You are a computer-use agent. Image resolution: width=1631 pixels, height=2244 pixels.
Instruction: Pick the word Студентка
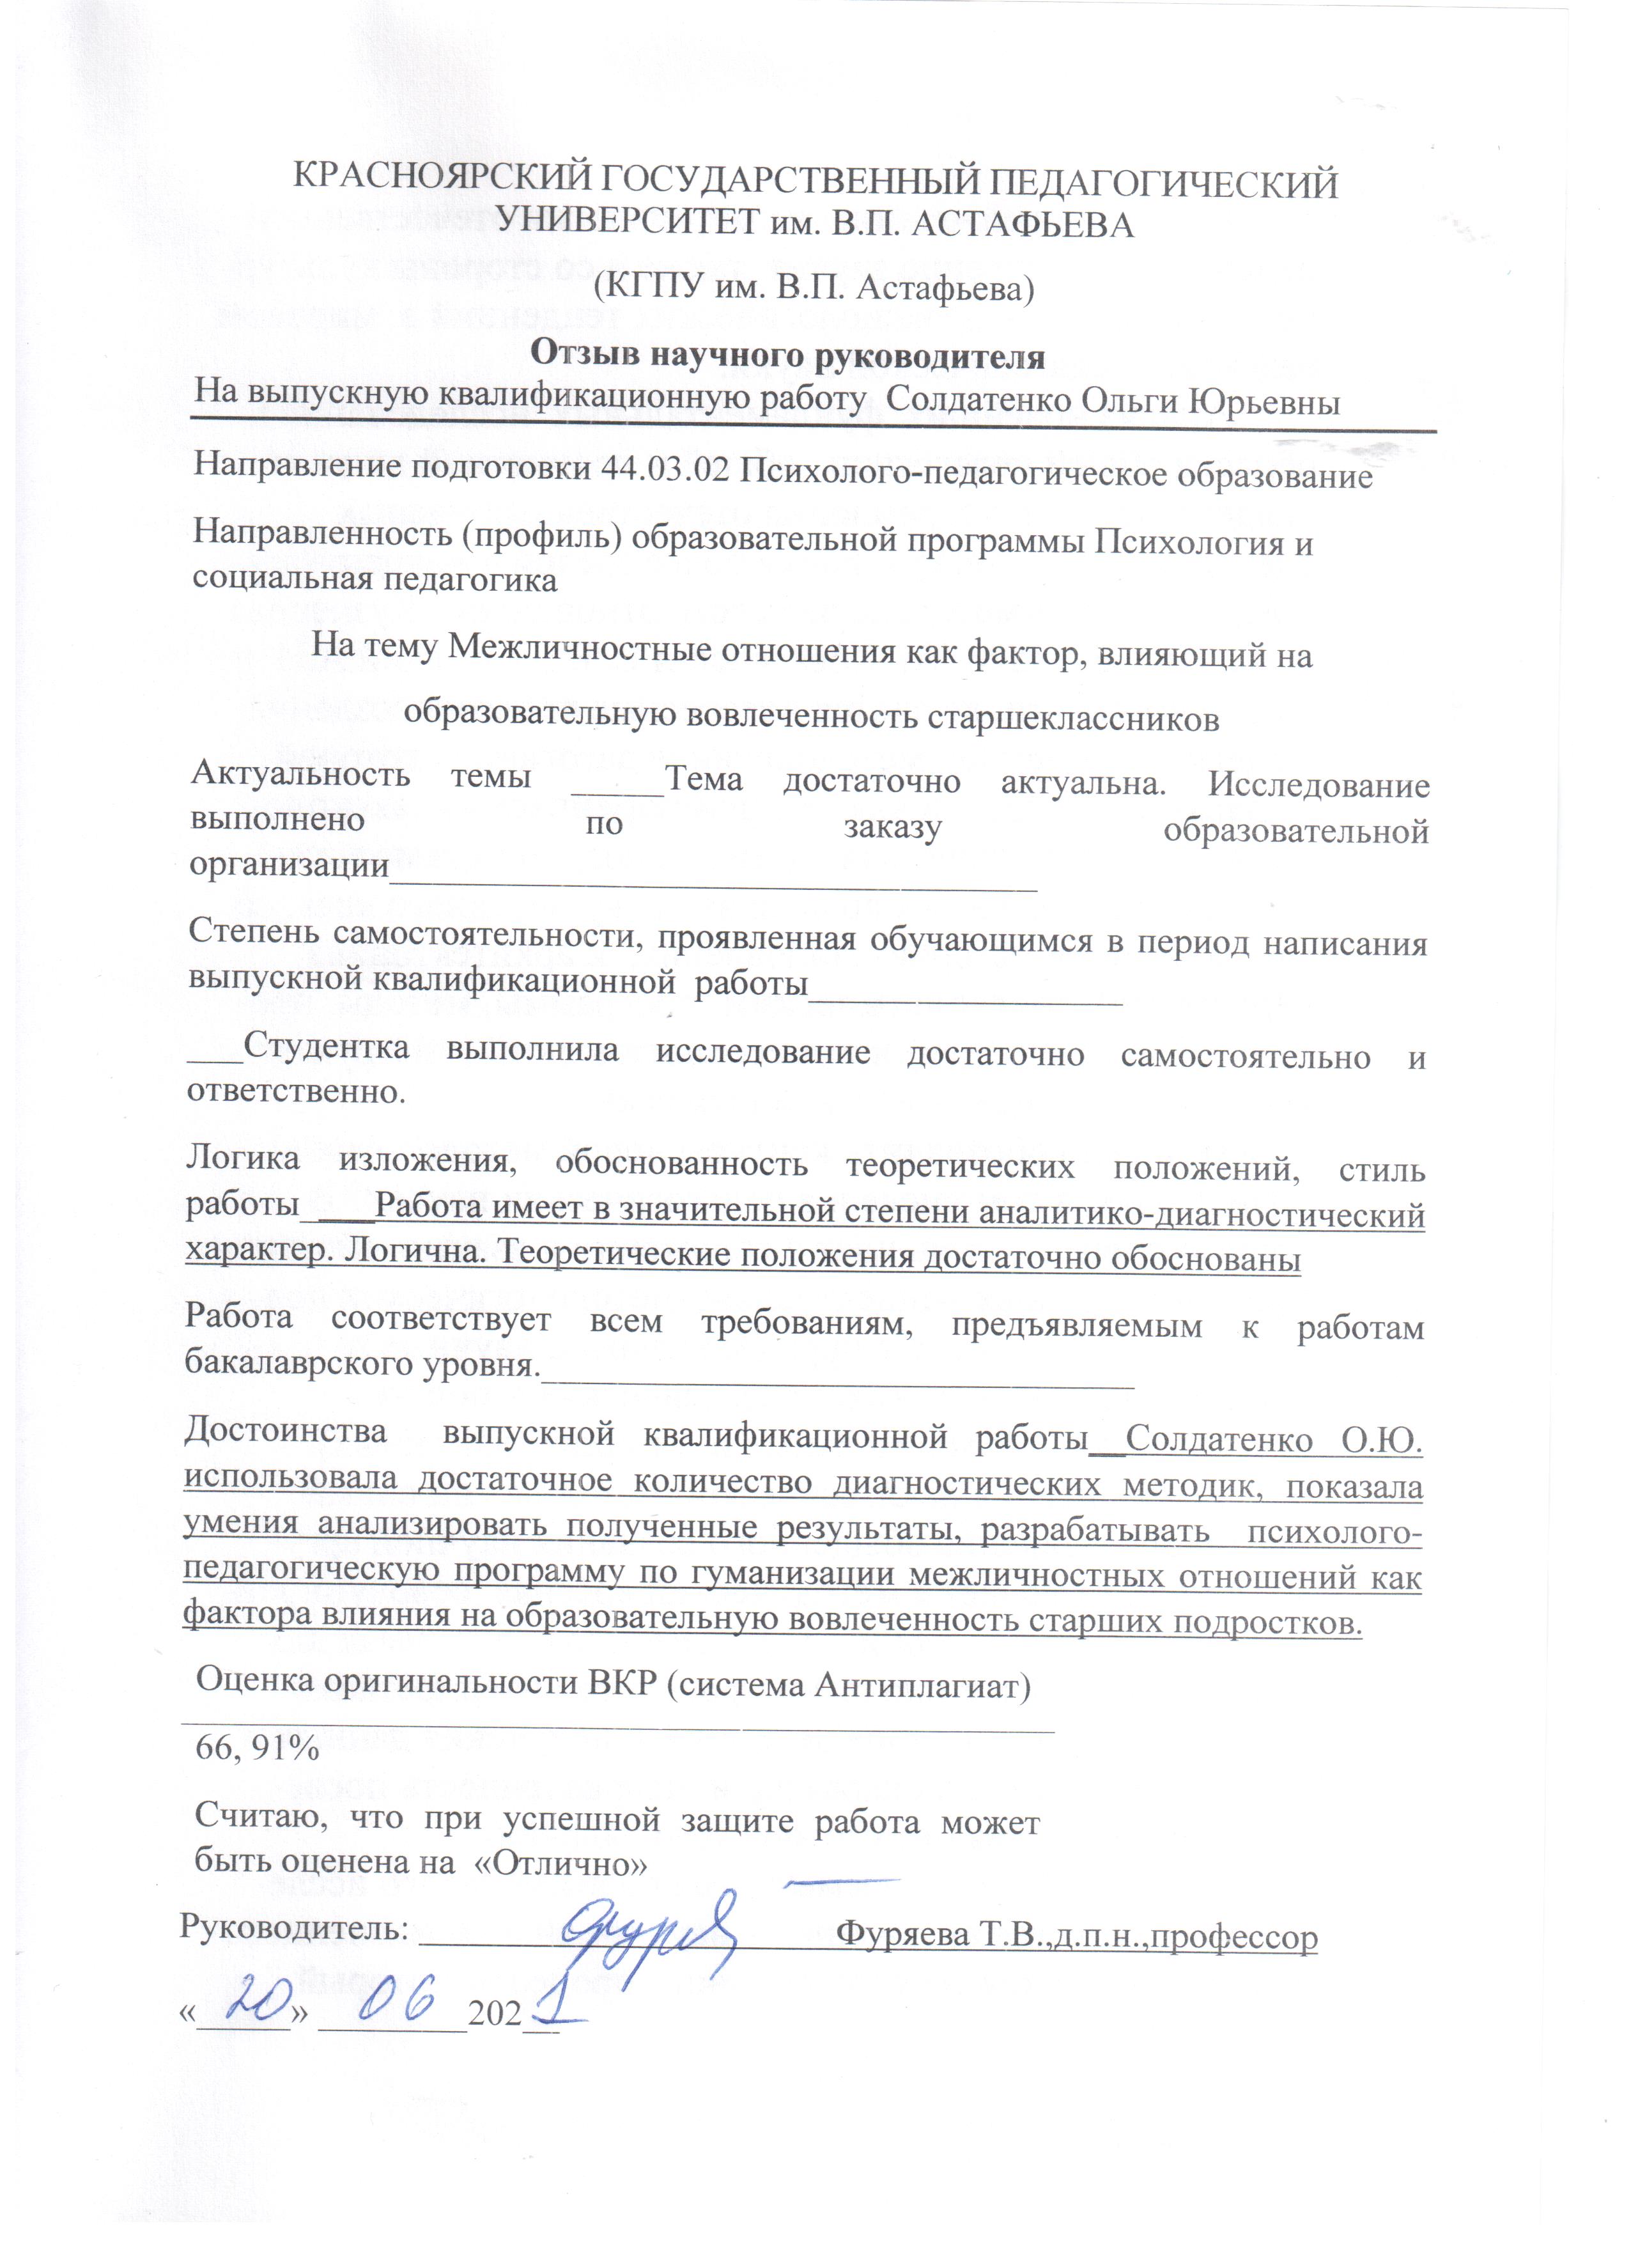[x=327, y=1048]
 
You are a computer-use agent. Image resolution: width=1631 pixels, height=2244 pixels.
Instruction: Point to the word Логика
[x=243, y=1158]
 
